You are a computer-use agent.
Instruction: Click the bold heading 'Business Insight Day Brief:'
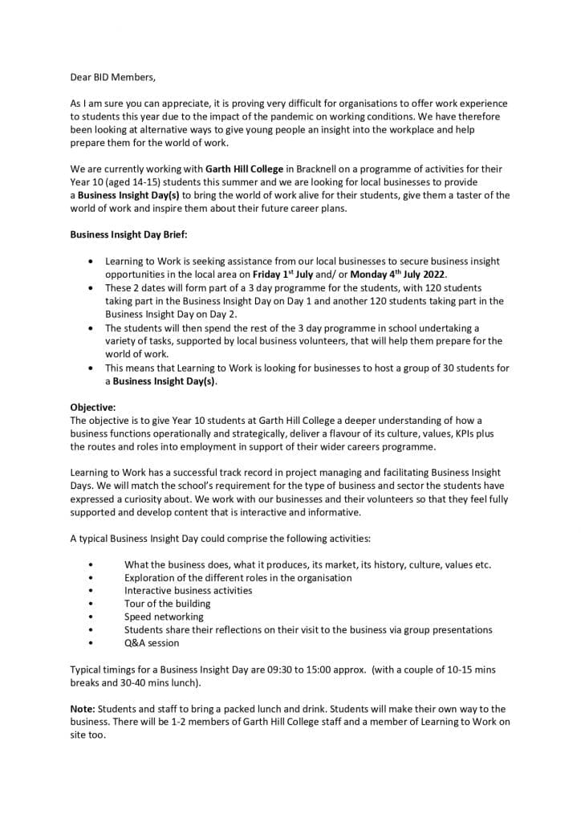pos(128,235)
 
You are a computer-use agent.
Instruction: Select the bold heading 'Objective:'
pos(93,407)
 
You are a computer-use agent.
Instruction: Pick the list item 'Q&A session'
pos(152,642)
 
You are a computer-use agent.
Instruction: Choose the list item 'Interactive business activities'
pos(188,590)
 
